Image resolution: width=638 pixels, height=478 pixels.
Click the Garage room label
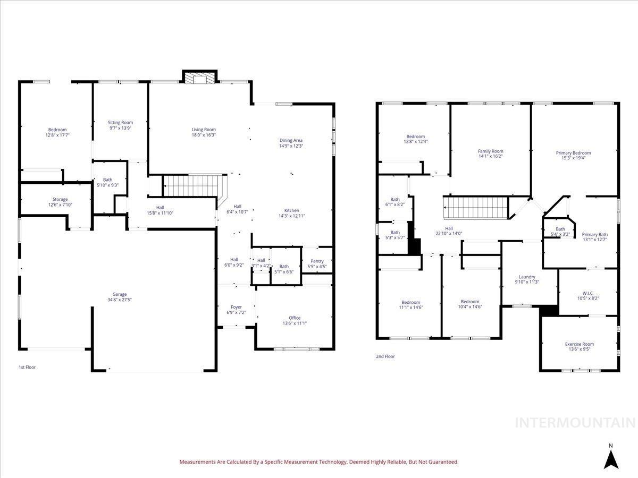[119, 294]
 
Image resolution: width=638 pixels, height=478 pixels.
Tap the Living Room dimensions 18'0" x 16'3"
[204, 135]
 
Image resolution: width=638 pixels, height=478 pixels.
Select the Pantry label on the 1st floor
[317, 261]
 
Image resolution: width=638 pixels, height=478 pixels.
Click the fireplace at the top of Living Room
[200, 79]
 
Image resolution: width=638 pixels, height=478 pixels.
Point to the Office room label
[295, 318]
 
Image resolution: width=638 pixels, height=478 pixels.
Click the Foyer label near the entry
[236, 307]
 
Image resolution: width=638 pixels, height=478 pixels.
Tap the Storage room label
[60, 199]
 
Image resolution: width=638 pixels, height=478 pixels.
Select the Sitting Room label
[120, 123]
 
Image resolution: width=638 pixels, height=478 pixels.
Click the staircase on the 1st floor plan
[191, 185]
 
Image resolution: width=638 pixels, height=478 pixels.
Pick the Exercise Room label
[579, 344]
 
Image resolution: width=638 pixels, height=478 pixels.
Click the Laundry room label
[527, 277]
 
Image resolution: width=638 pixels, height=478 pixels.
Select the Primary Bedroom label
[573, 153]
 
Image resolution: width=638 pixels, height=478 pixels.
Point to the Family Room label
[490, 151]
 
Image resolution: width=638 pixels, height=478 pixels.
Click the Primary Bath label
[594, 234]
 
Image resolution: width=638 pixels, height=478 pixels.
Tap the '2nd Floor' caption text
[385, 356]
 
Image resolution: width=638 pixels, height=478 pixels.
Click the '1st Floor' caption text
[27, 367]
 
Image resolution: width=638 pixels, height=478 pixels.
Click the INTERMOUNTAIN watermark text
[576, 423]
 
